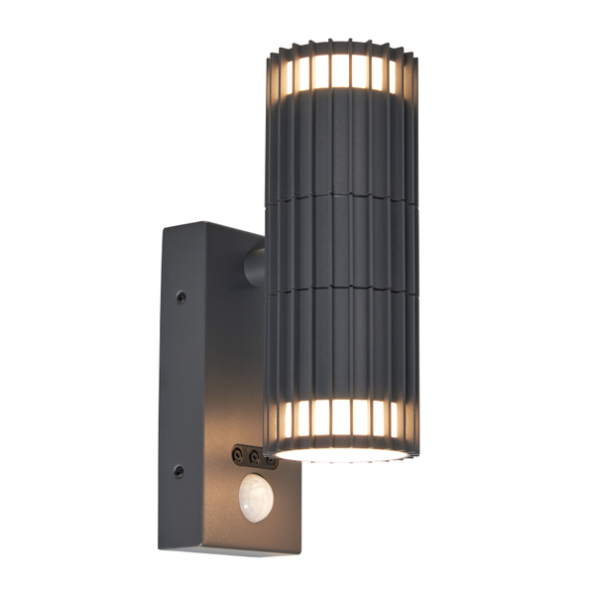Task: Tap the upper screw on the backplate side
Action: tap(179, 296)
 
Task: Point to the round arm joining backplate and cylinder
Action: tap(254, 266)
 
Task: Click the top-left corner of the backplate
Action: tap(165, 226)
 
